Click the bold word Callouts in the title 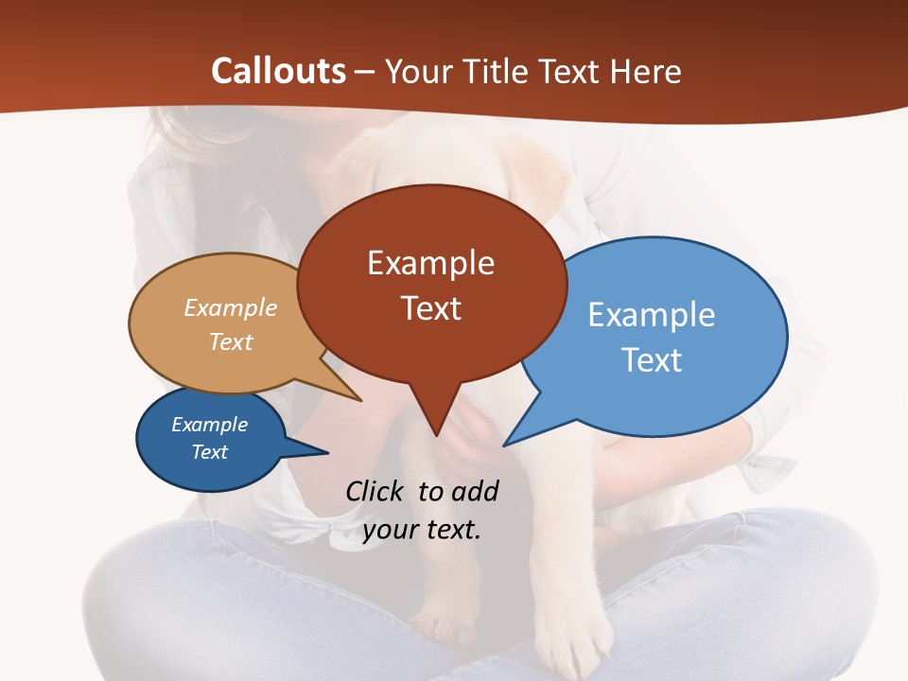tap(278, 71)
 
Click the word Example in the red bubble tap(430, 263)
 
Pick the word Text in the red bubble tap(430, 308)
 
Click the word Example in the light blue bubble tap(651, 315)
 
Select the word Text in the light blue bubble tap(651, 360)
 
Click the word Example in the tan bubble tap(231, 308)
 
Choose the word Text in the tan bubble tap(231, 341)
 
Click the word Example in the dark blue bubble tap(209, 425)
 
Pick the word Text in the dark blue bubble tap(209, 452)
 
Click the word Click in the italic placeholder tap(376, 491)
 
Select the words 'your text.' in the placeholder tap(422, 530)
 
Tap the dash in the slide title tap(365, 72)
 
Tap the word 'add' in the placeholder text tap(474, 491)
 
